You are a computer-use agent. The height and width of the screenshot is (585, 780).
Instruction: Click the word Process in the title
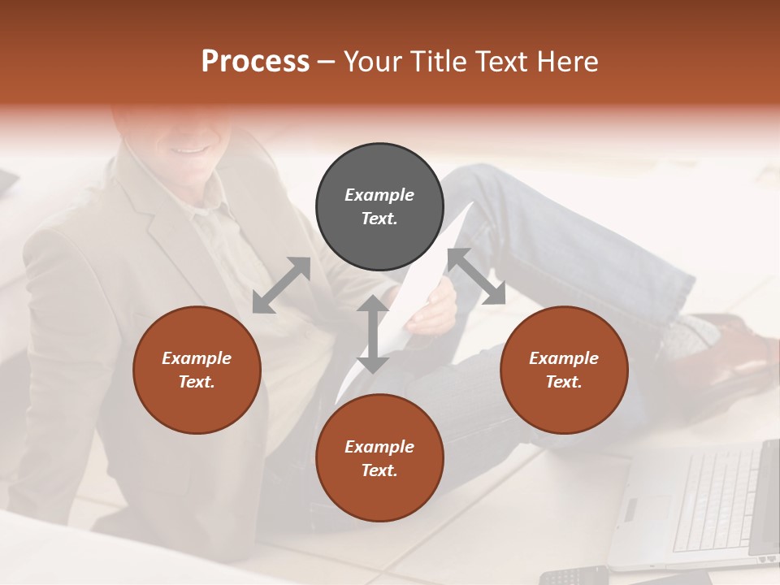255,62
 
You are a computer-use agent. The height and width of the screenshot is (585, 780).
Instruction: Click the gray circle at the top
379,207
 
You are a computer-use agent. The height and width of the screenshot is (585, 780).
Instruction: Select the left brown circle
197,370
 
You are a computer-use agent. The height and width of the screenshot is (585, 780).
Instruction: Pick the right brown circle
564,370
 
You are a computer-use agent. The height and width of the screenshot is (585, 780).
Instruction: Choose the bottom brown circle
379,458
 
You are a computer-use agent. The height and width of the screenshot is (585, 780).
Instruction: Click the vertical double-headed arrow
373,333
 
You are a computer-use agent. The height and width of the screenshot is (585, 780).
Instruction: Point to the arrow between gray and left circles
281,285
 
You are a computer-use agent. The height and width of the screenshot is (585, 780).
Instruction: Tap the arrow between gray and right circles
477,277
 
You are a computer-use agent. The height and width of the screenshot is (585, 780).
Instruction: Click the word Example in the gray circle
379,195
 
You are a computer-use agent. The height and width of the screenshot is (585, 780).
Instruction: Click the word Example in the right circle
564,358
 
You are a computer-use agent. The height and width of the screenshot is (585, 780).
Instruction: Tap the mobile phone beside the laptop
573,575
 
